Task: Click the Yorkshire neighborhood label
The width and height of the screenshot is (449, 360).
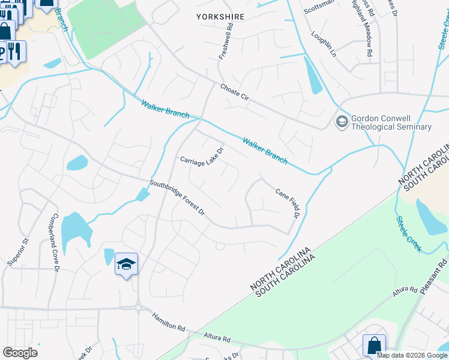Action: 220,17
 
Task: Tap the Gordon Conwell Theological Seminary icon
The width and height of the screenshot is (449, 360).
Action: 342,122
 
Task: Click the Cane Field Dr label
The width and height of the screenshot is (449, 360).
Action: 288,204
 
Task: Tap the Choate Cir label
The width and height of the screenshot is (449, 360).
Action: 234,91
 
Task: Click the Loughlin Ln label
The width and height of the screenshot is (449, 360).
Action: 324,45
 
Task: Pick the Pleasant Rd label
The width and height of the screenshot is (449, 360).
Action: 435,275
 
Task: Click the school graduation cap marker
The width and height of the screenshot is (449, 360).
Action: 127,264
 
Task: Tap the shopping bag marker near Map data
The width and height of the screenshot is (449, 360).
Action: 374,345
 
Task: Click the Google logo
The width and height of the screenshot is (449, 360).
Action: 20,353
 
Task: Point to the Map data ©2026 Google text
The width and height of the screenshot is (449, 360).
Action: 412,355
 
